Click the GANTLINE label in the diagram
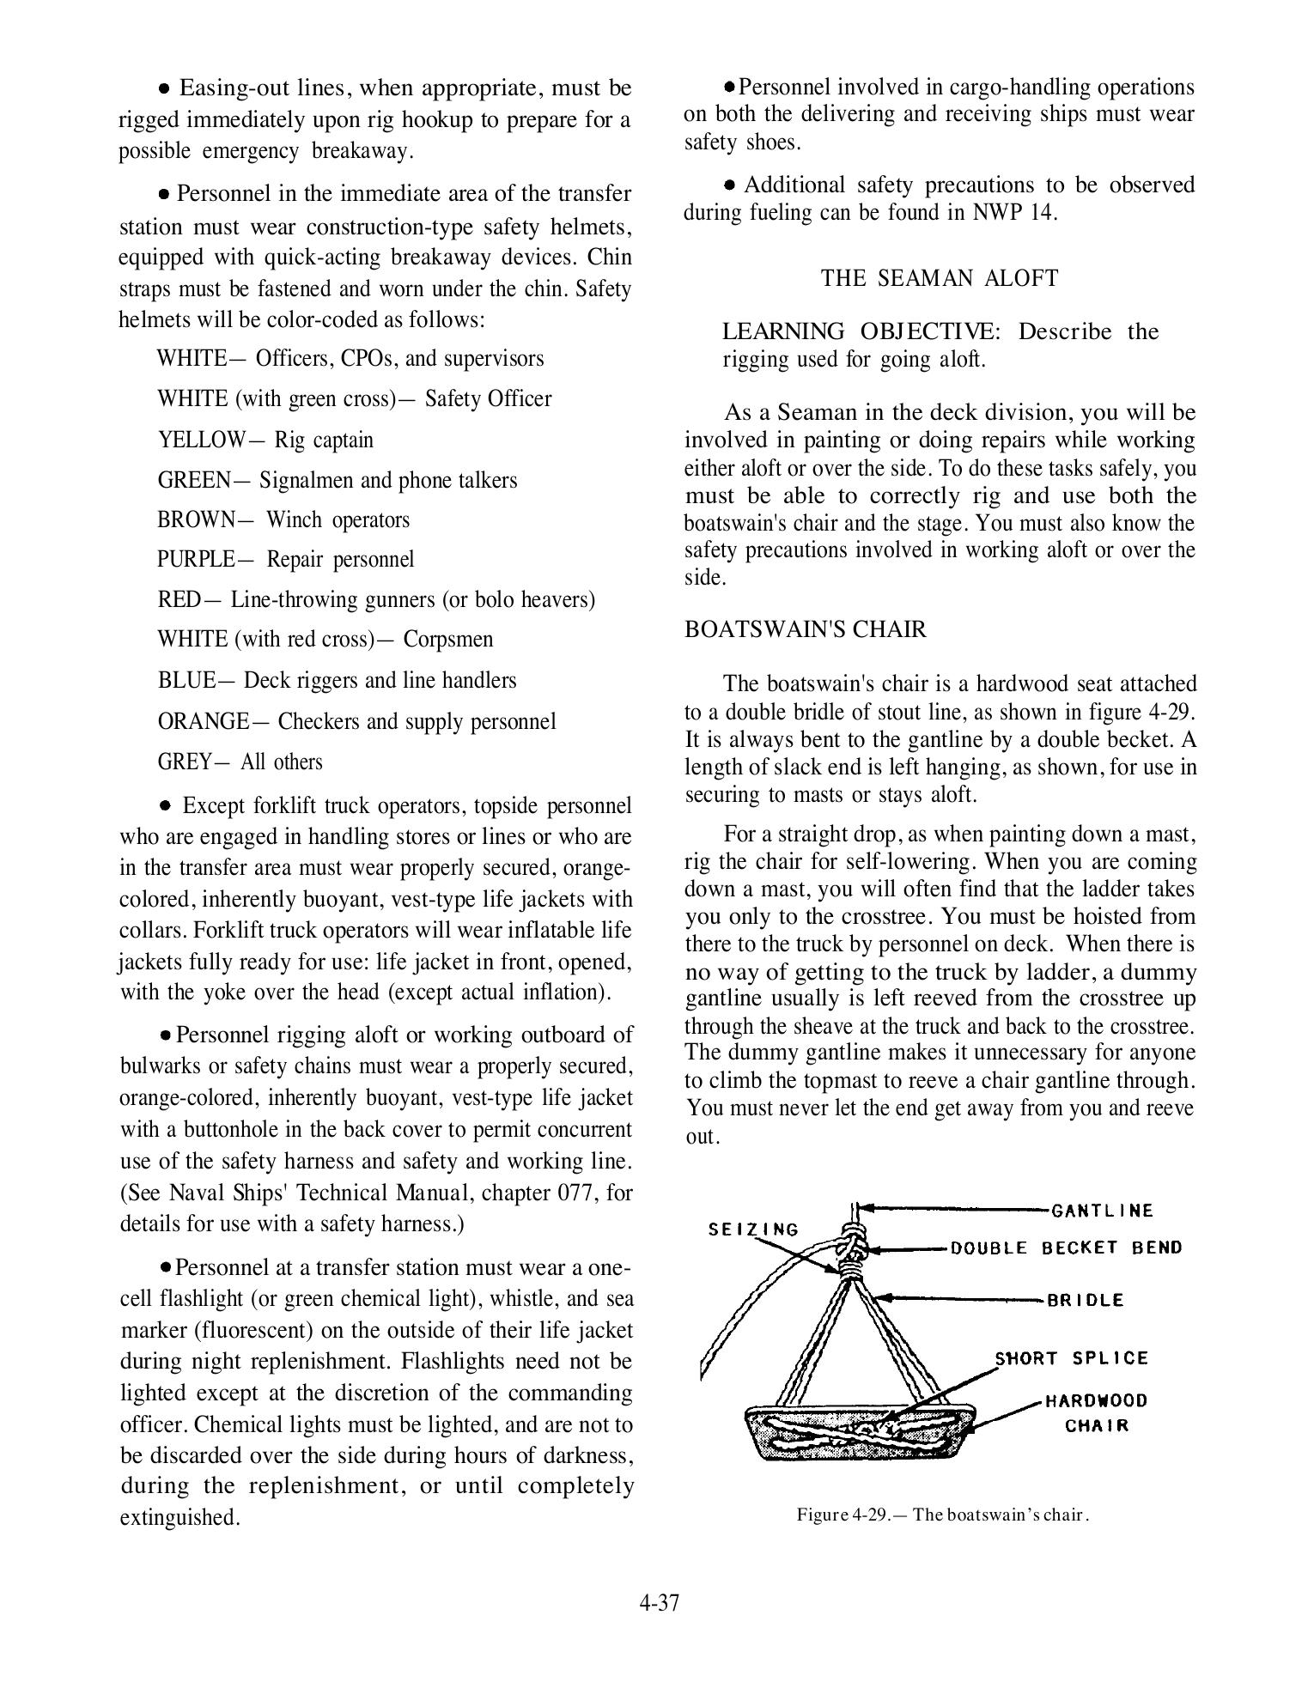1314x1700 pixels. tap(1102, 1211)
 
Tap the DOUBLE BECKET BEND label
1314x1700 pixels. tap(1066, 1248)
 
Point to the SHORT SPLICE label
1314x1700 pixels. tap(1071, 1358)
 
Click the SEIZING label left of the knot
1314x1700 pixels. tap(752, 1229)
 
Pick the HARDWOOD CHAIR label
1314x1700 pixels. tap(1096, 1412)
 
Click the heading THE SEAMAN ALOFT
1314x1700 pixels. tap(940, 278)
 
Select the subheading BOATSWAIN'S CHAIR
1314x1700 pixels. tap(806, 629)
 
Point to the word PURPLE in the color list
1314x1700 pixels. tap(197, 560)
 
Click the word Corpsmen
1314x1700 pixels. tap(448, 640)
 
